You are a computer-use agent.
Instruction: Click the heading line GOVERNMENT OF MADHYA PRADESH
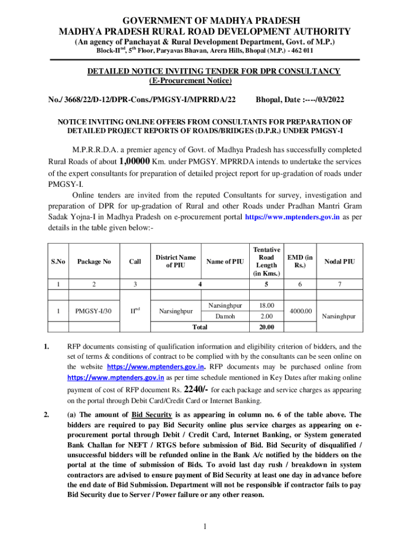(204, 21)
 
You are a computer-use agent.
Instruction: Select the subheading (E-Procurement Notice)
(190, 80)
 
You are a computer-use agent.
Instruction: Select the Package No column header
(94, 261)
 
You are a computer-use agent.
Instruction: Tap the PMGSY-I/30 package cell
(94, 311)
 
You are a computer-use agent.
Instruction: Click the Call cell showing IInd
(135, 310)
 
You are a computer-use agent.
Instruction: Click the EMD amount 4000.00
(300, 310)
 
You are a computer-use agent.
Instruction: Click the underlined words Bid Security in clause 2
(151, 415)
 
